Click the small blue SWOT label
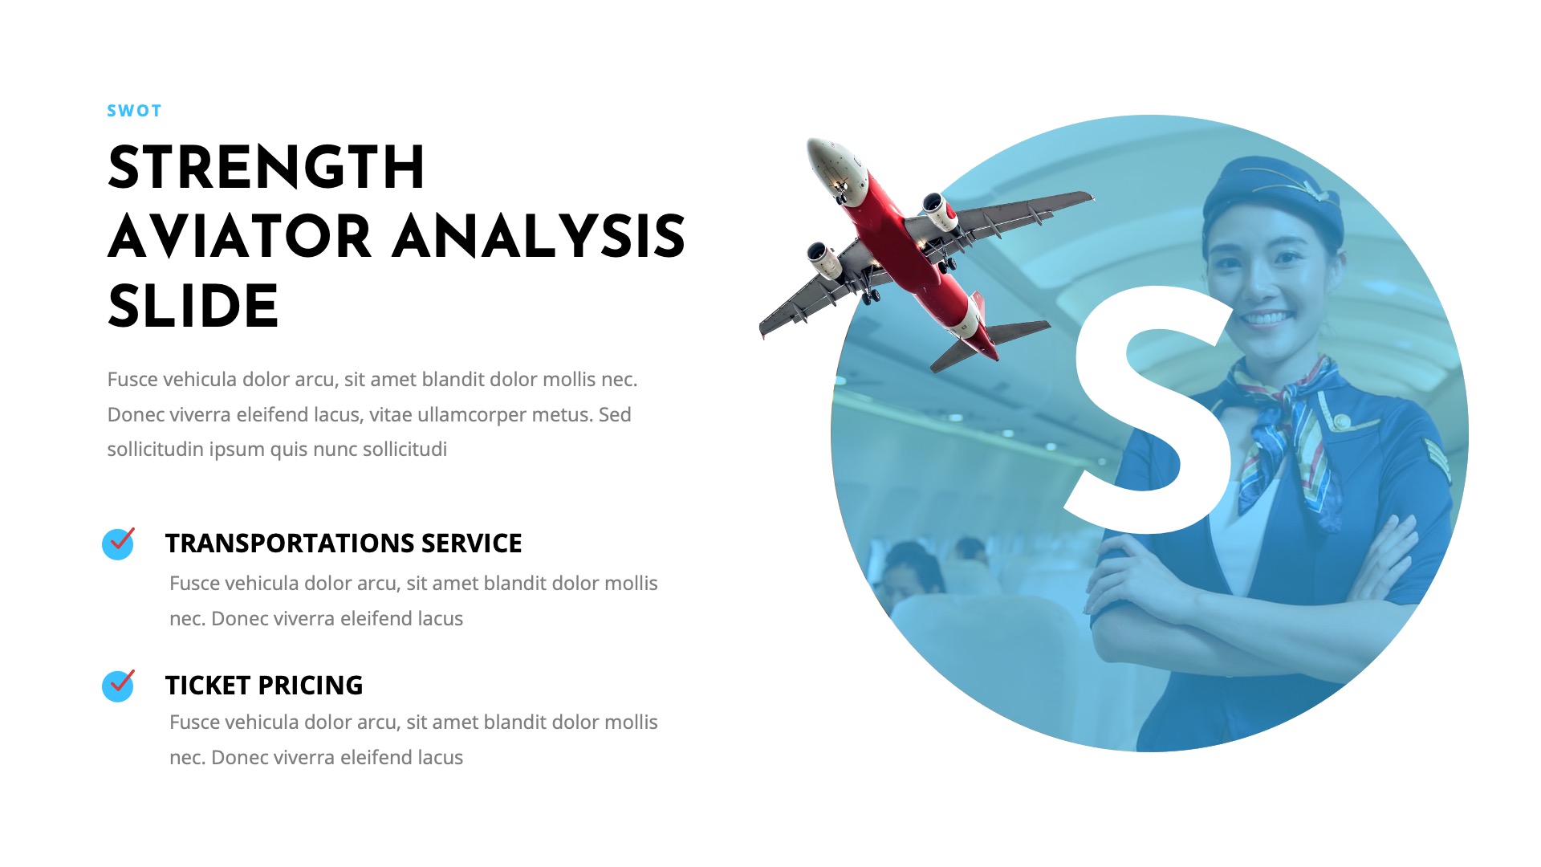[134, 111]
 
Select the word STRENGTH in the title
[266, 169]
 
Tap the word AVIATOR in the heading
[239, 238]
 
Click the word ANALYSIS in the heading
[539, 238]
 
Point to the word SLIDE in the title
[193, 307]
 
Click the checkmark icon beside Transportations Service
[118, 543]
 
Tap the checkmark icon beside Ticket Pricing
[118, 686]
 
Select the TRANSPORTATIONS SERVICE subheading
[344, 543]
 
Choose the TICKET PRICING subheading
[264, 686]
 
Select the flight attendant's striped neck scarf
[1284, 425]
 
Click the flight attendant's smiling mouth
[1267, 319]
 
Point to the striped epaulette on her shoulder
[1437, 458]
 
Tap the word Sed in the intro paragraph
[615, 415]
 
